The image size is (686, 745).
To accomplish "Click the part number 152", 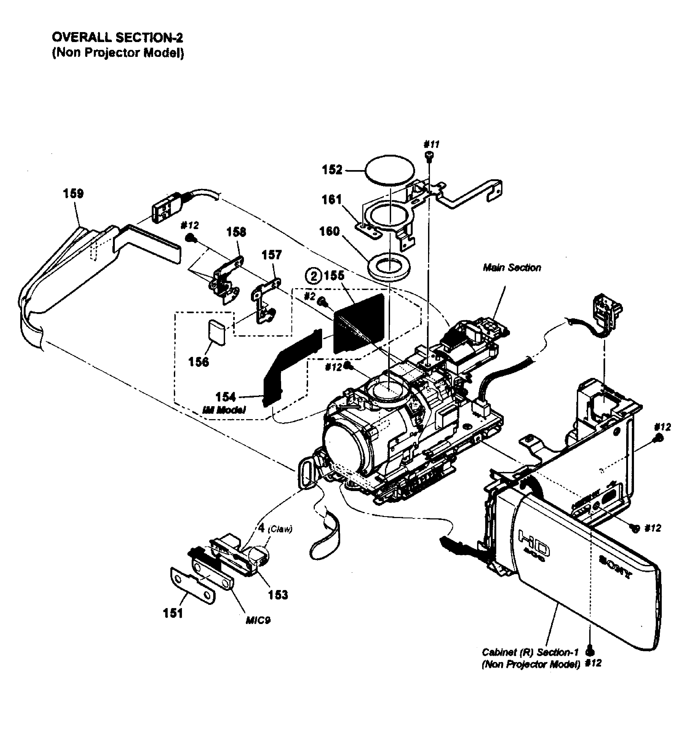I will coord(332,170).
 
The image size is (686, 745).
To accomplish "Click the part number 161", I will coord(332,200).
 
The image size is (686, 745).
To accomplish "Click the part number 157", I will coord(272,255).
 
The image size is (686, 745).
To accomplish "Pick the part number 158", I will coord(236,232).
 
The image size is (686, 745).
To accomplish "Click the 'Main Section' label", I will coord(512,268).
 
